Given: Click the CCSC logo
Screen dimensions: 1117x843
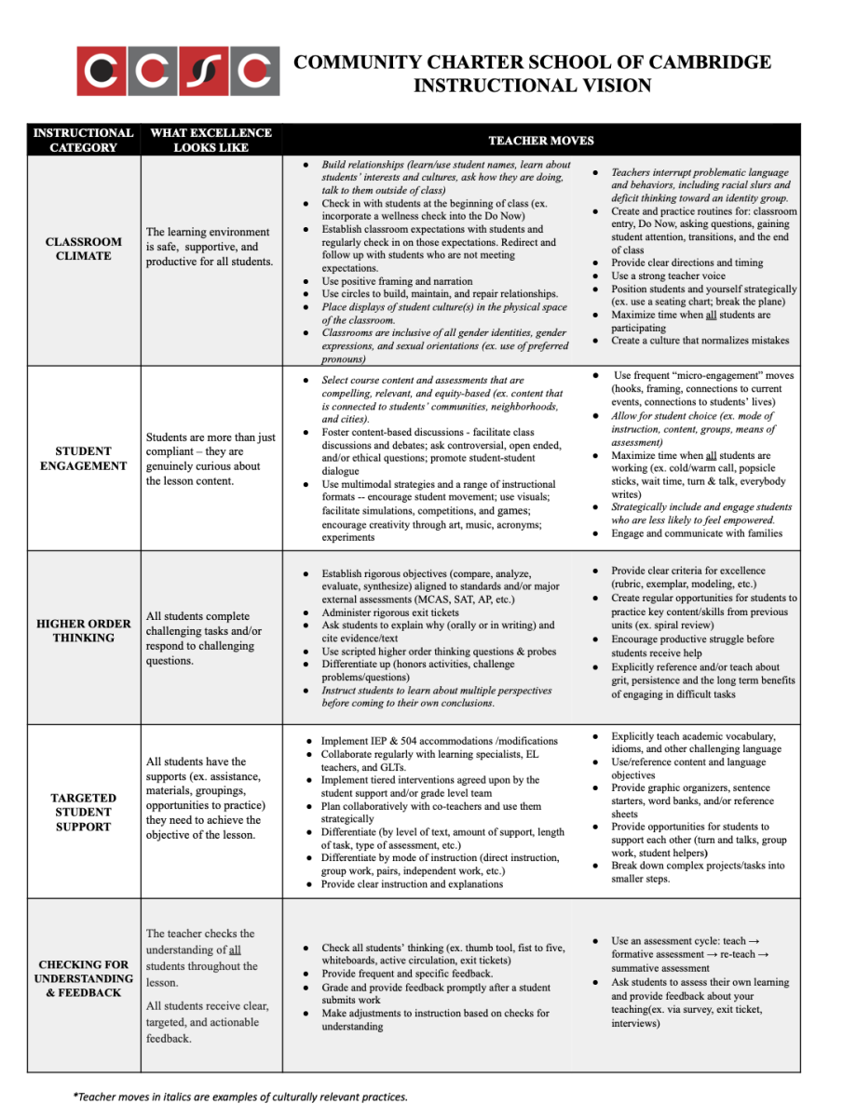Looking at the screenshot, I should (x=178, y=71).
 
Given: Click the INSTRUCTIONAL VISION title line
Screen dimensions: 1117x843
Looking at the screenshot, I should (x=532, y=87).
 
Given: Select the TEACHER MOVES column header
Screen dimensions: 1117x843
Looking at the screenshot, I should (x=540, y=141).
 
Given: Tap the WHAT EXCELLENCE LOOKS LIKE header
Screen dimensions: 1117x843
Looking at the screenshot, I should (x=211, y=140).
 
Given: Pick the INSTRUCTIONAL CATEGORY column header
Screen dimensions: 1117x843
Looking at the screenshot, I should (x=83, y=140).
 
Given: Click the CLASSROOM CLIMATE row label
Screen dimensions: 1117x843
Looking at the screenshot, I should (x=83, y=249).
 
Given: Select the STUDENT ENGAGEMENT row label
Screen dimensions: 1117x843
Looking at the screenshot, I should (x=83, y=458).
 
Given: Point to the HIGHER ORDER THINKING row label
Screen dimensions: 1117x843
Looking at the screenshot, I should (x=83, y=630).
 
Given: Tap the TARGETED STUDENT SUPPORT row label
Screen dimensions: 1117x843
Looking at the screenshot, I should (x=83, y=812).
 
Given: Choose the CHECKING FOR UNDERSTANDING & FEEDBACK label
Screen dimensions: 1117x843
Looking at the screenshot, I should (x=83, y=978).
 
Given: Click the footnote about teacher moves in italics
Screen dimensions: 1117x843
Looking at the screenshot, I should (x=240, y=1097).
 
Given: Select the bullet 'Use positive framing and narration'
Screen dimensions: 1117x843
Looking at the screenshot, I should (x=397, y=281).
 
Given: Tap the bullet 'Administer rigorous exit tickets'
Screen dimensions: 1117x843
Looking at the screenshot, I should (x=390, y=612).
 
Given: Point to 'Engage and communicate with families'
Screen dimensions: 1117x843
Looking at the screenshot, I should (x=697, y=533).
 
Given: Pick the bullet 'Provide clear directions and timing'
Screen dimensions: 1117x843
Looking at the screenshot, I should (x=687, y=262).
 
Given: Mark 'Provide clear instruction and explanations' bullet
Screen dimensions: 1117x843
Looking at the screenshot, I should (x=412, y=884).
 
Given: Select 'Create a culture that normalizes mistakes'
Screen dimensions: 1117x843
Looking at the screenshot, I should (x=700, y=341).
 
